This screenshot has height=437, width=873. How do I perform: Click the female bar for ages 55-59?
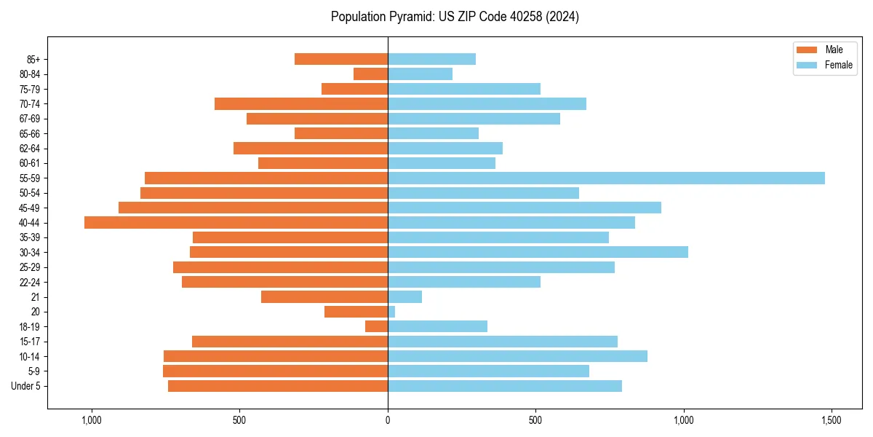click(606, 178)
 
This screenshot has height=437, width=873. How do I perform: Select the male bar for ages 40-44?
click(236, 223)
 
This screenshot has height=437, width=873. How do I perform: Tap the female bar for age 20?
click(391, 312)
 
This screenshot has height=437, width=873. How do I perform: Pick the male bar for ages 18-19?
click(376, 326)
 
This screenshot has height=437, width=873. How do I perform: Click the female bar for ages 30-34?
click(538, 252)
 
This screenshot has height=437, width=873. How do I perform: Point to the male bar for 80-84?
click(370, 74)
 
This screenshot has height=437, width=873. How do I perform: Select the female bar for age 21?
click(404, 297)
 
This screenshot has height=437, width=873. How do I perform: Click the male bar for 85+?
click(340, 59)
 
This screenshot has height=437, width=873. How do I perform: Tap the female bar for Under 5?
click(504, 386)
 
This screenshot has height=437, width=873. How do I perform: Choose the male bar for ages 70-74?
click(301, 104)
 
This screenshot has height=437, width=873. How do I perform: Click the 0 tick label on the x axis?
click(388, 421)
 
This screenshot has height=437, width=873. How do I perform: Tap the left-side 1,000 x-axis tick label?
click(92, 421)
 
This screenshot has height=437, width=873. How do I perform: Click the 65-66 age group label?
click(30, 134)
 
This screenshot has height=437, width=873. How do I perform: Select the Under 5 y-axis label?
click(26, 386)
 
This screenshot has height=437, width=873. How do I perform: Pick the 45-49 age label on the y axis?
click(30, 208)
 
